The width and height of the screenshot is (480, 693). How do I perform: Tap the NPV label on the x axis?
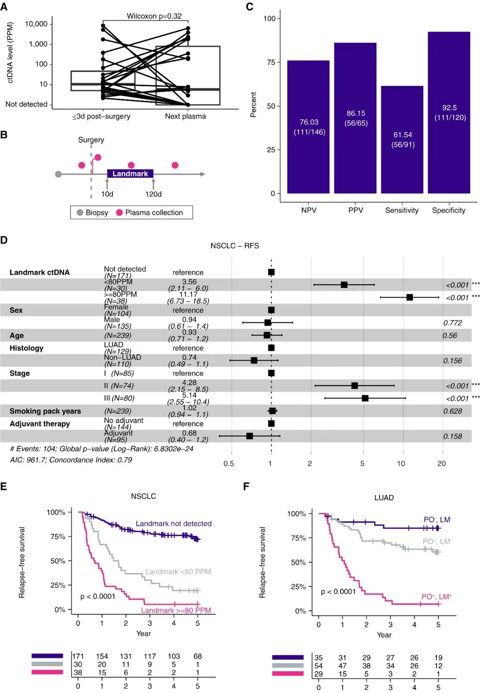309,210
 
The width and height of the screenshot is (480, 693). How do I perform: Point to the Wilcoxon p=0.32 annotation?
154,16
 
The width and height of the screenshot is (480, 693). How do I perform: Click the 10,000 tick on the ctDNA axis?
36,24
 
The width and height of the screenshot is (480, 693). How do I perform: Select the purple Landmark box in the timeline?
130,174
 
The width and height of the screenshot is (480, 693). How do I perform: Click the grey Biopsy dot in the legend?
80,212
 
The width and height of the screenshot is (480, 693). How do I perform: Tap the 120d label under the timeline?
153,194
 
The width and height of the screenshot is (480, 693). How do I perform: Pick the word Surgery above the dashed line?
91,140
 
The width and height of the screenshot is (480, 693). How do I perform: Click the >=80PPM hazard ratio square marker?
409,297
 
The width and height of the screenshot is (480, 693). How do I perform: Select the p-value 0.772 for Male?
452,323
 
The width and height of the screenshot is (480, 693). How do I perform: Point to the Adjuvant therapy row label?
40,424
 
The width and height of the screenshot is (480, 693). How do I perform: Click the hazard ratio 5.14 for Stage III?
189,395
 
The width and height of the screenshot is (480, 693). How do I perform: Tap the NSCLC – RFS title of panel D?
235,246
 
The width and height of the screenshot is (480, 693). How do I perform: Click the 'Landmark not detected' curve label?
173,524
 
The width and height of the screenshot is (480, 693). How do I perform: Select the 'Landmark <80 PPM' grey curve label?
178,572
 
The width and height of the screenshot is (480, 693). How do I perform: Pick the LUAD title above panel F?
384,497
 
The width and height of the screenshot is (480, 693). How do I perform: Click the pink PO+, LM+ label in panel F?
436,597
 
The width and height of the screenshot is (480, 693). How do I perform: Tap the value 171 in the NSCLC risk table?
78,656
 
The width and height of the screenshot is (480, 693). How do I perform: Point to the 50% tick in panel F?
298,562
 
